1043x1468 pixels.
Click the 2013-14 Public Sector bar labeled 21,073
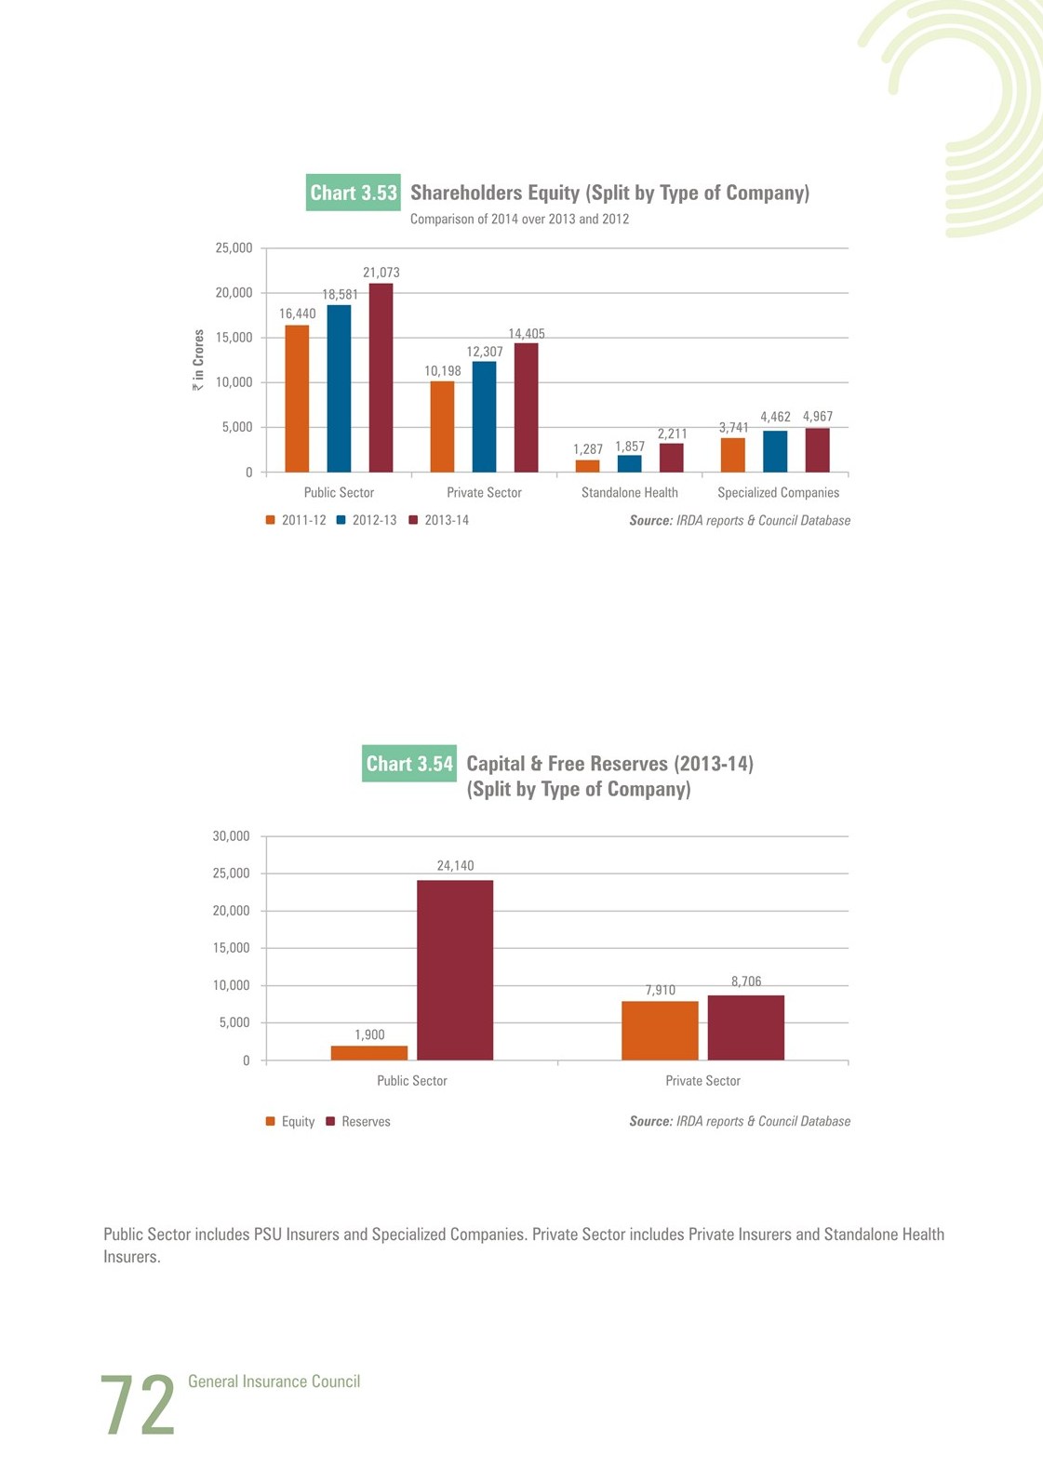point(381,378)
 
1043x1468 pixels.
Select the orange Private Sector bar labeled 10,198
point(443,427)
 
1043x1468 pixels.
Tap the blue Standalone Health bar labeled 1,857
point(629,463)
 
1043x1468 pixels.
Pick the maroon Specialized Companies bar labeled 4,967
point(818,450)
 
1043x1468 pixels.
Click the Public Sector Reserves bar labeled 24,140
point(455,970)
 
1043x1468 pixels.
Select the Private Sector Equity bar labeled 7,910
point(661,1031)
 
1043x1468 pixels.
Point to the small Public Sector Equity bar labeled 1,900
point(369,1053)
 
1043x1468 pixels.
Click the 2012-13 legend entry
point(367,520)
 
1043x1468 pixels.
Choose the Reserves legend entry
point(358,1121)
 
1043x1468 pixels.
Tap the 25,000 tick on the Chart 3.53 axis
point(234,247)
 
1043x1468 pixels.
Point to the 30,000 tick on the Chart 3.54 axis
point(231,835)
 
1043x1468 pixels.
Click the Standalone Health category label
point(629,492)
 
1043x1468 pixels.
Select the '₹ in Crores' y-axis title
point(198,360)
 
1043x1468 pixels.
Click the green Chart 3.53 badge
point(354,193)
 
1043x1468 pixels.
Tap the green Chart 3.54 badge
point(409,764)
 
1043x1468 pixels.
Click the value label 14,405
point(527,334)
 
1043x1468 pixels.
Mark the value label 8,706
point(746,981)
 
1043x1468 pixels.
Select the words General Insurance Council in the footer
point(274,1381)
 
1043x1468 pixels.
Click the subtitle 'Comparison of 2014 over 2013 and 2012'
point(519,219)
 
